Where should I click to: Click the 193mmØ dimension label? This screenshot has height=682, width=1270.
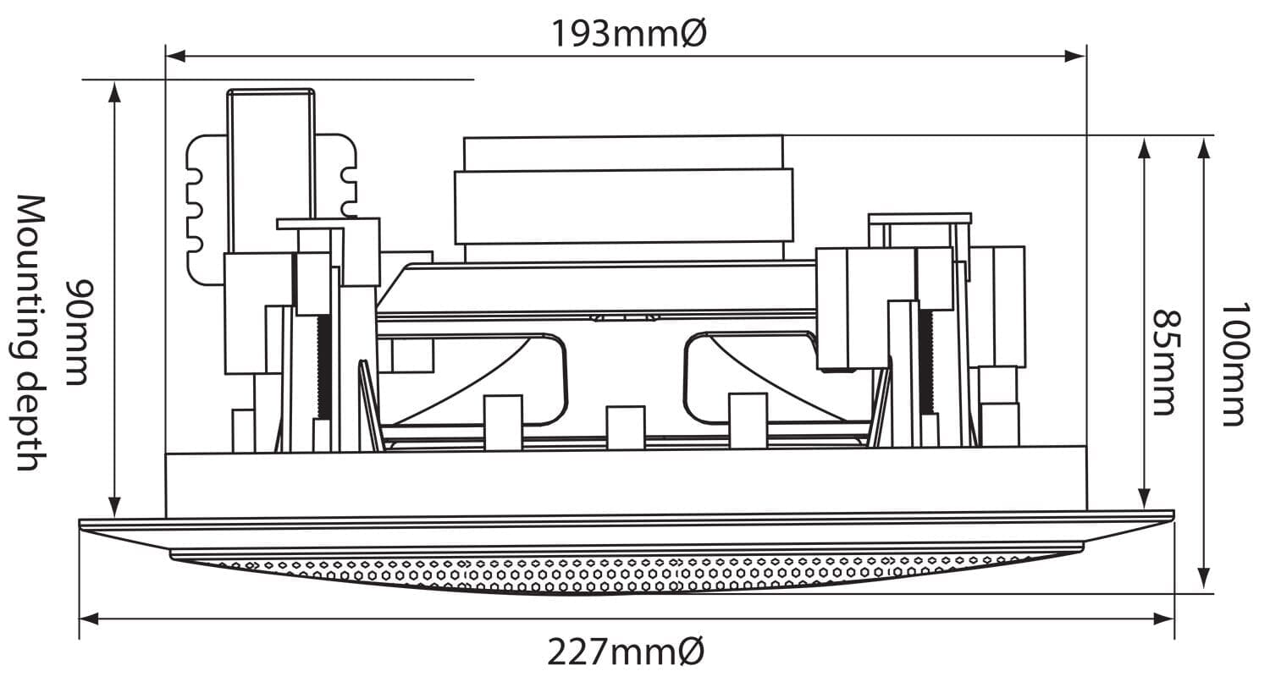pos(629,33)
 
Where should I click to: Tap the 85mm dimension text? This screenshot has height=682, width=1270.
pos(1168,362)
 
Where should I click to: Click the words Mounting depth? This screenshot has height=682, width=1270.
pos(30,333)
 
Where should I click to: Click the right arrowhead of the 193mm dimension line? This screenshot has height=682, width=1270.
pos(1075,56)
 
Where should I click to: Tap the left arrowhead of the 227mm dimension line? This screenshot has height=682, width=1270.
pos(89,619)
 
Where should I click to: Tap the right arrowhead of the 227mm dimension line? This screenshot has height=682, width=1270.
pos(1164,619)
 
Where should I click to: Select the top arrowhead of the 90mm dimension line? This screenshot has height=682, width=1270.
pos(115,91)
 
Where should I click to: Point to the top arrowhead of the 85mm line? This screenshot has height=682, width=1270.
pos(1144,148)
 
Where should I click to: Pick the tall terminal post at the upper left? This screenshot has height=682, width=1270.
pos(271,170)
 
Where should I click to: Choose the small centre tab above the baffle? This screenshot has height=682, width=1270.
pos(626,427)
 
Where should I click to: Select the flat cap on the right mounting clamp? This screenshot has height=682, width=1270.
pos(919,218)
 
